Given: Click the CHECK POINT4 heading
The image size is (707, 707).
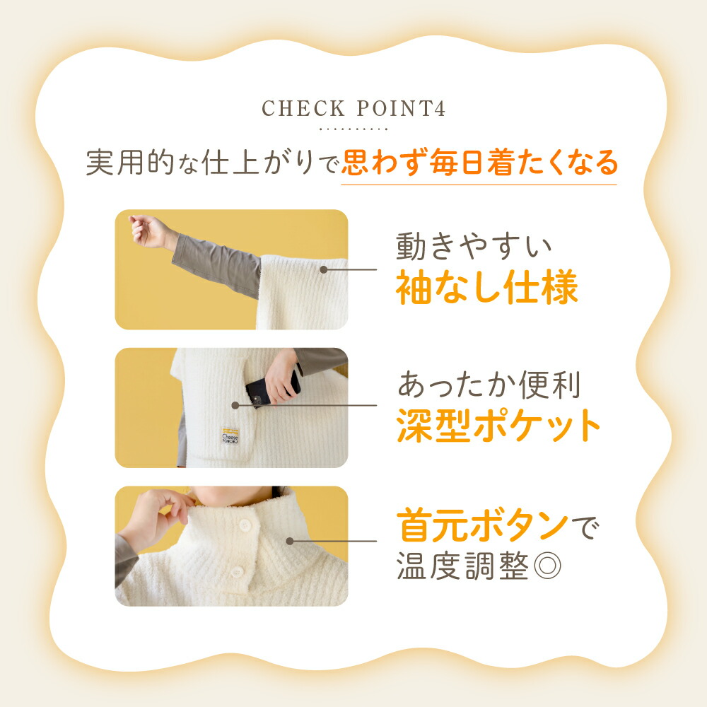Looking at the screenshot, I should click(x=353, y=109).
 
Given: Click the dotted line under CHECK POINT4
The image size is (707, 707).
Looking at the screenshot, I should click(x=353, y=130).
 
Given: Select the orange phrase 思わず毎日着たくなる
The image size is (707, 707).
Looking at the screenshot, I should click(x=479, y=164).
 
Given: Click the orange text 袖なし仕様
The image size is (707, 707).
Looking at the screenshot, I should click(x=487, y=288).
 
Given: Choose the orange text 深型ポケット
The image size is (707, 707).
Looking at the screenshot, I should click(x=498, y=425).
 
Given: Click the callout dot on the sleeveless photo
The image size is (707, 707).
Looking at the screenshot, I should click(x=323, y=269).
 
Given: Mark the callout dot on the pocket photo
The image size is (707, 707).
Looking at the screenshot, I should click(x=235, y=405).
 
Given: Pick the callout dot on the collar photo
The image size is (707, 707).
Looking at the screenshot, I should click(x=290, y=541).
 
